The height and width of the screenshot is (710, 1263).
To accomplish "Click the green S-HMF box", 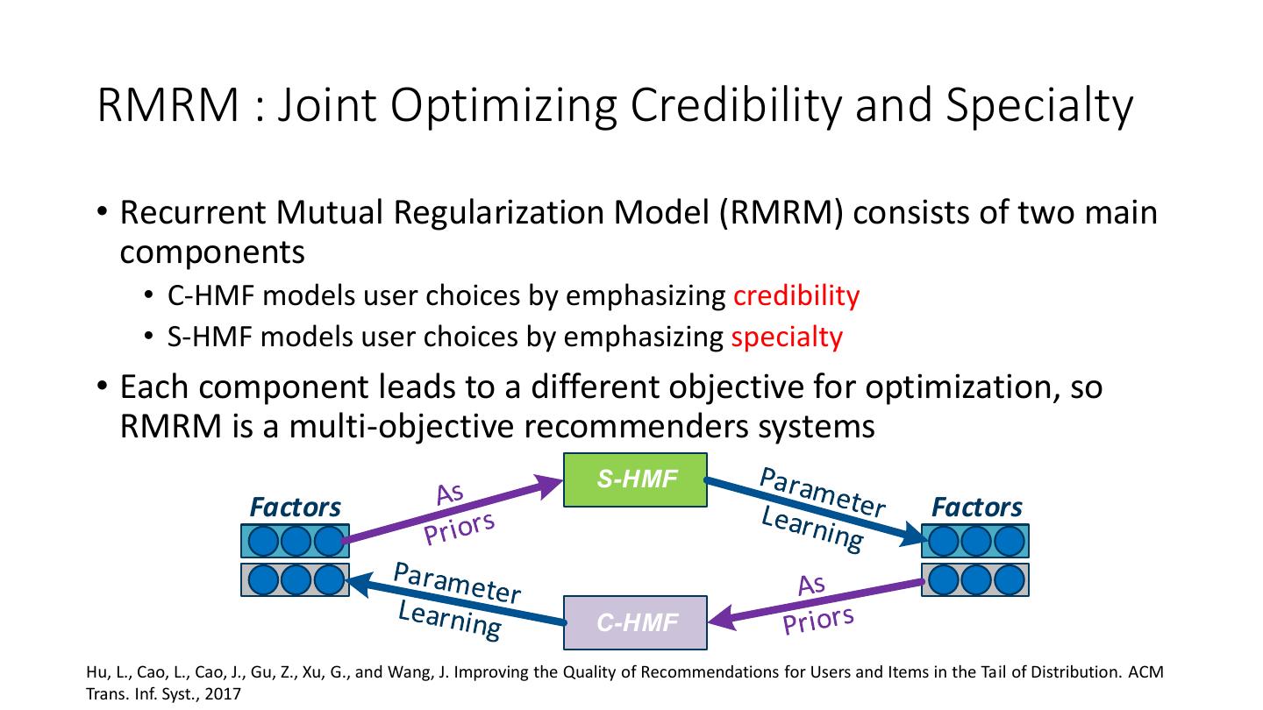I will (635, 479).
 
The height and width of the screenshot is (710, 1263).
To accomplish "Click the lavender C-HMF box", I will (635, 622).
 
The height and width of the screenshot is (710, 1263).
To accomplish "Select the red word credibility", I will (796, 296).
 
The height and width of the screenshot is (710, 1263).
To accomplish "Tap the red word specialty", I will (786, 337).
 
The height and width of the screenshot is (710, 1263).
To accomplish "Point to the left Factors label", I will (295, 508).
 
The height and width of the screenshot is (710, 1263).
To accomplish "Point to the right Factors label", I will (976, 508).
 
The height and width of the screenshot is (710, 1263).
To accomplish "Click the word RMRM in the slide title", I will (168, 105).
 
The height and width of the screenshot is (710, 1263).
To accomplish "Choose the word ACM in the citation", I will (1147, 673).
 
